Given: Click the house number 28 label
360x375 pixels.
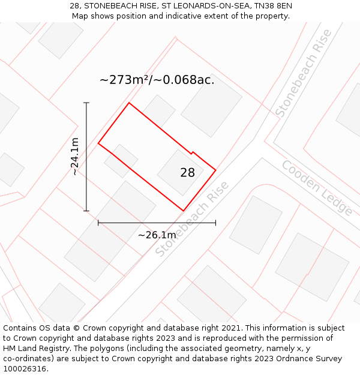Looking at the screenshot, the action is [187, 173].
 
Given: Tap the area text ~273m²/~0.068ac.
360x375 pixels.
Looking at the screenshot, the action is [157, 80].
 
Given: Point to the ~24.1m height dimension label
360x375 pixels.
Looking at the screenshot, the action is [74, 157].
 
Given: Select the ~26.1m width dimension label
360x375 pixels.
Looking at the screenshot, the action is [157, 235].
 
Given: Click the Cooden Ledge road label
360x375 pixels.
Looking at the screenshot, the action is [317, 187].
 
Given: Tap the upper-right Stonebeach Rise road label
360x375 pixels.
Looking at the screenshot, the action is [304, 73].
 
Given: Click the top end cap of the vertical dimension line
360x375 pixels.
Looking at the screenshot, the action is [86, 103].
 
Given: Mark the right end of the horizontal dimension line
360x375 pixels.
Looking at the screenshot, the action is [215, 223].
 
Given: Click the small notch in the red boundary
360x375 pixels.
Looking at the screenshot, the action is [191, 152].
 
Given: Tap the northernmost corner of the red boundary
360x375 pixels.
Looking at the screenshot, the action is [129, 103].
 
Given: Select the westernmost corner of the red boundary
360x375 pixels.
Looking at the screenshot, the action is [98, 143].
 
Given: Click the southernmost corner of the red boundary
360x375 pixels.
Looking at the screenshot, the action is [184, 211].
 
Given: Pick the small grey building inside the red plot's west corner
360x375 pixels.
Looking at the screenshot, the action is [121, 161].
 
